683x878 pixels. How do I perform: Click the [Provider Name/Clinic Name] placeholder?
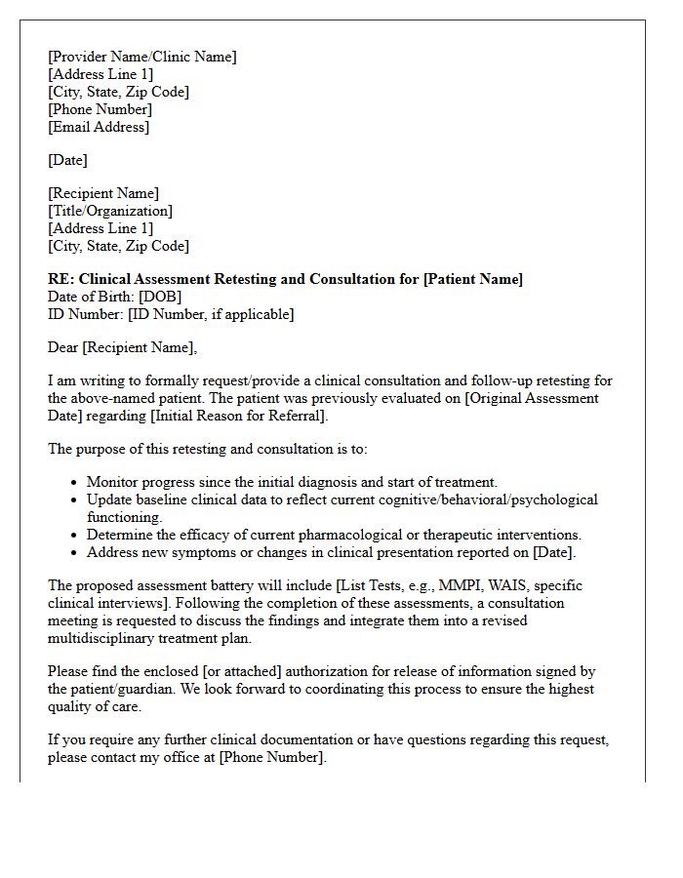[x=142, y=57]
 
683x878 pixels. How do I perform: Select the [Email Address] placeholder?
[x=99, y=127]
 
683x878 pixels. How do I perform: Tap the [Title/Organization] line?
[x=110, y=211]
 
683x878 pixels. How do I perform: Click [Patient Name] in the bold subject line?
[x=472, y=279]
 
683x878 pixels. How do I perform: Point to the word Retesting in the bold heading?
[x=241, y=279]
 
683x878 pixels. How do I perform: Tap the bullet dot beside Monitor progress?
[x=75, y=483]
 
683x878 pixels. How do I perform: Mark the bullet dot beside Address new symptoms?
[x=75, y=553]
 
